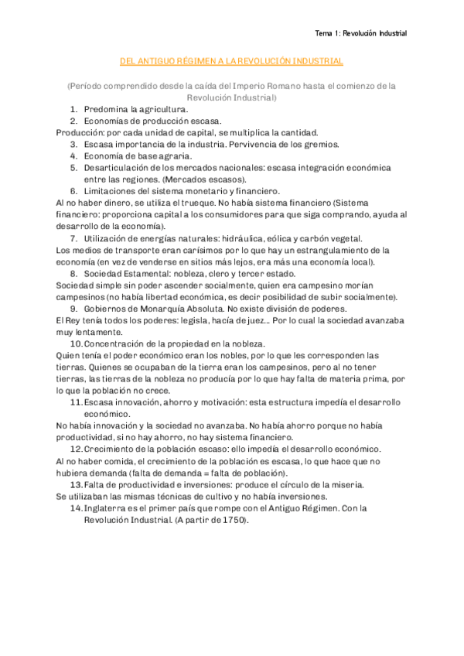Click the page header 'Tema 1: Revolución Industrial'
pyautogui.click(x=361, y=33)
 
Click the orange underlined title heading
pyautogui.click(x=232, y=60)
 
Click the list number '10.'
pyautogui.click(x=76, y=343)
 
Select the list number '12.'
pyautogui.click(x=76, y=449)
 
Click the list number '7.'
pyautogui.click(x=73, y=238)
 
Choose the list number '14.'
pyautogui.click(x=76, y=508)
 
